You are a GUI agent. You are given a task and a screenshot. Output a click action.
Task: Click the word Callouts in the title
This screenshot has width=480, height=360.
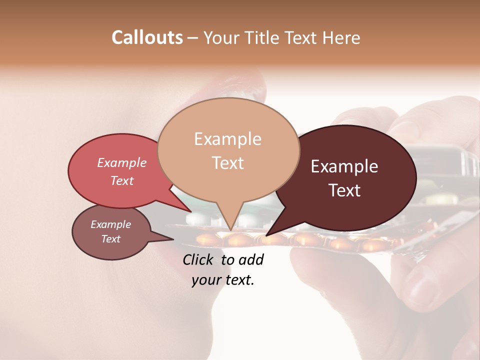pos(147,37)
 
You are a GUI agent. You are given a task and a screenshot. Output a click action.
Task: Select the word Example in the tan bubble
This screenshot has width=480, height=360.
pos(227,139)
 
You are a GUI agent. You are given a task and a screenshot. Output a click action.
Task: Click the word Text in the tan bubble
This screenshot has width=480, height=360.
pos(227,162)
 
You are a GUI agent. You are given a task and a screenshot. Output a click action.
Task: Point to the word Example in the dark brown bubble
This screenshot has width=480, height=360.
pos(344,166)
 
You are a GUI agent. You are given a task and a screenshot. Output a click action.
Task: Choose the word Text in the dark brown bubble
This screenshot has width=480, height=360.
pos(344,190)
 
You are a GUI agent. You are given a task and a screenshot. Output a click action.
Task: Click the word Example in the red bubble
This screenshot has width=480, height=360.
pos(121,162)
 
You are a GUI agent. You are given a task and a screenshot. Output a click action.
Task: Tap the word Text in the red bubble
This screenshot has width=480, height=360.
pos(121,180)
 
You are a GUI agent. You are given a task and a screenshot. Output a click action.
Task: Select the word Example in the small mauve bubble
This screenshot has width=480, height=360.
pos(110,224)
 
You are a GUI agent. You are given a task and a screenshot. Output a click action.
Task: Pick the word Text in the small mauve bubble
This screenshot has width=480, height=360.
pos(110,239)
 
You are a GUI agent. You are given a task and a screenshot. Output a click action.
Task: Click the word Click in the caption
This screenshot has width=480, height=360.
pos(198,259)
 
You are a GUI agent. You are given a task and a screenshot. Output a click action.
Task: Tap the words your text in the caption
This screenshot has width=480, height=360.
pos(223,280)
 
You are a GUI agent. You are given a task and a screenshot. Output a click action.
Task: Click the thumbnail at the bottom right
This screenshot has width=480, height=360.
pos(420,290)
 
